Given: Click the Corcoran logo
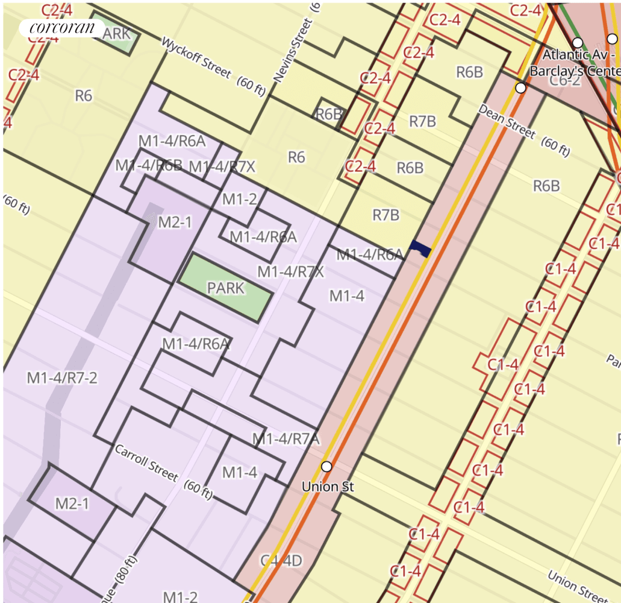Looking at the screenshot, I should (62, 28).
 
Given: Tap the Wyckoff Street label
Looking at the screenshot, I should (196, 58).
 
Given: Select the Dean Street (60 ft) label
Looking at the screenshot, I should (524, 130).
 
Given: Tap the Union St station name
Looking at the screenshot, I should (328, 486).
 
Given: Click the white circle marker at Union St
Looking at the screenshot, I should (326, 466).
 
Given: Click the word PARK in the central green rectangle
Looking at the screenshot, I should (226, 288).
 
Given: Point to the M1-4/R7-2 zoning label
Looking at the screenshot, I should (62, 378).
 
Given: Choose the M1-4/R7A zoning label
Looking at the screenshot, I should (286, 438).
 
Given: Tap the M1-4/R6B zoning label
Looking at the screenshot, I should (149, 165).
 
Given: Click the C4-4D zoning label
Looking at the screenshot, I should (281, 561).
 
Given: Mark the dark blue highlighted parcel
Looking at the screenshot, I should (420, 247).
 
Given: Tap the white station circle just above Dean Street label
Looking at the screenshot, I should (521, 88).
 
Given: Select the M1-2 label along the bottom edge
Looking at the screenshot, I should (180, 596).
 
